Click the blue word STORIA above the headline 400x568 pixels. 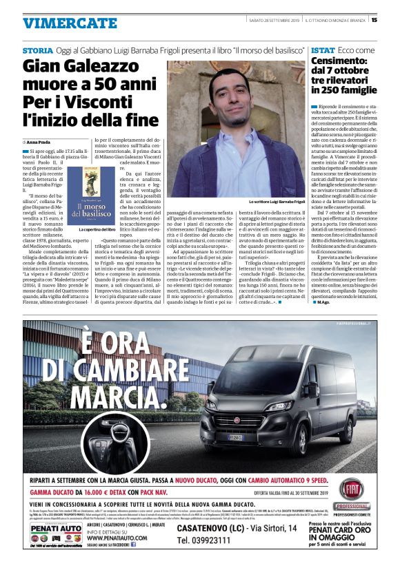tap(37, 51)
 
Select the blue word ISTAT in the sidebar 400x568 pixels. tap(323, 51)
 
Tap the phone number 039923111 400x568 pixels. tap(209, 540)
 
